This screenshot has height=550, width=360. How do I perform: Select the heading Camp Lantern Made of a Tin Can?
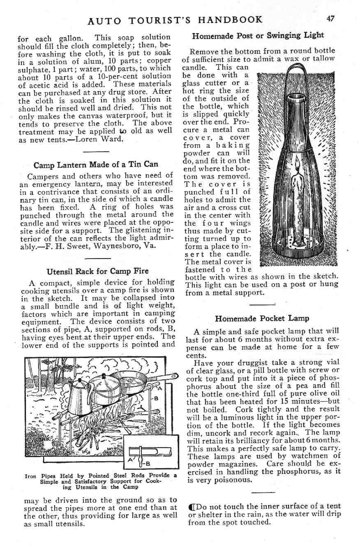(x=96, y=165)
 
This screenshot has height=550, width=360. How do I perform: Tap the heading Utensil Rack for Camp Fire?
(x=97, y=271)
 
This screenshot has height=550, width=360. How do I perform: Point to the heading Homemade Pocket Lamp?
(x=262, y=318)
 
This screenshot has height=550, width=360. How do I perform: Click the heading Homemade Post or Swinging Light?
(x=258, y=35)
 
